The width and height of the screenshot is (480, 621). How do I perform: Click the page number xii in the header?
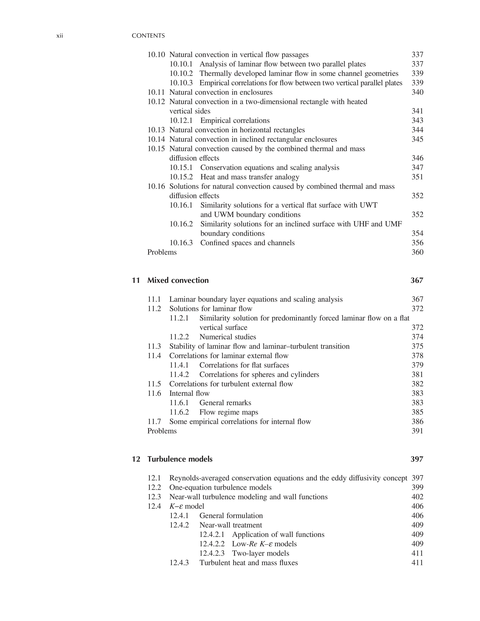tap(59, 36)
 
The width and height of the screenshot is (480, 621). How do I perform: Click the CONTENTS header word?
tap(148, 36)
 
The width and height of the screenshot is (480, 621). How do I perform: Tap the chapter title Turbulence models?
tap(180, 459)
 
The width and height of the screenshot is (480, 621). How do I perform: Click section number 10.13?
tap(156, 130)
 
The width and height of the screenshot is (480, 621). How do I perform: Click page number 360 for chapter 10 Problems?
tap(417, 252)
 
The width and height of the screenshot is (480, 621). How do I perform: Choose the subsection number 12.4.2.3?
tap(212, 553)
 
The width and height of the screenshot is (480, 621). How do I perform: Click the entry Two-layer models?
tap(261, 553)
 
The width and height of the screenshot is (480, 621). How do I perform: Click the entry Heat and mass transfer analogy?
tap(250, 177)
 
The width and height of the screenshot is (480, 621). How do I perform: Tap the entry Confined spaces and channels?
tap(247, 243)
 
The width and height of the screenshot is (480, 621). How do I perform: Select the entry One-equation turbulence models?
tap(220, 487)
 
